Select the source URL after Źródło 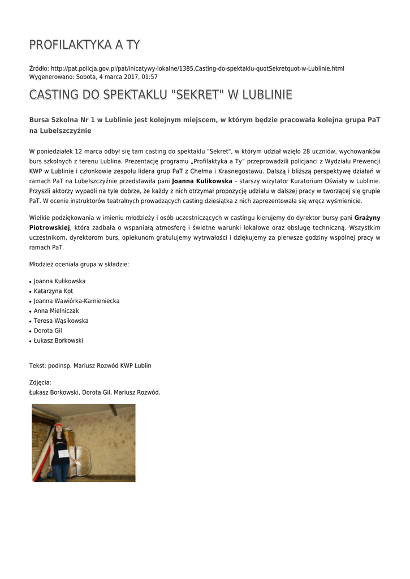click(x=197, y=68)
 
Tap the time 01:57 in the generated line click(x=149, y=77)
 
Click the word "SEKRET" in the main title click(x=193, y=94)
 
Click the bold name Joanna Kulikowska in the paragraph click(x=202, y=181)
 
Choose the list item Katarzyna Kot click(x=53, y=291)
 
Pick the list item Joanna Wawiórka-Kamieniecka click(x=76, y=301)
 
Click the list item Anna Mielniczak click(x=57, y=311)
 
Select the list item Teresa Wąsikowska click(x=61, y=321)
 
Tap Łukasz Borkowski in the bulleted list click(x=58, y=340)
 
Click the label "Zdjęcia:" click(x=40, y=383)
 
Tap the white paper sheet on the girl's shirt click(x=63, y=453)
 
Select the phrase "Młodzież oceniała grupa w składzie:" click(x=79, y=264)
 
